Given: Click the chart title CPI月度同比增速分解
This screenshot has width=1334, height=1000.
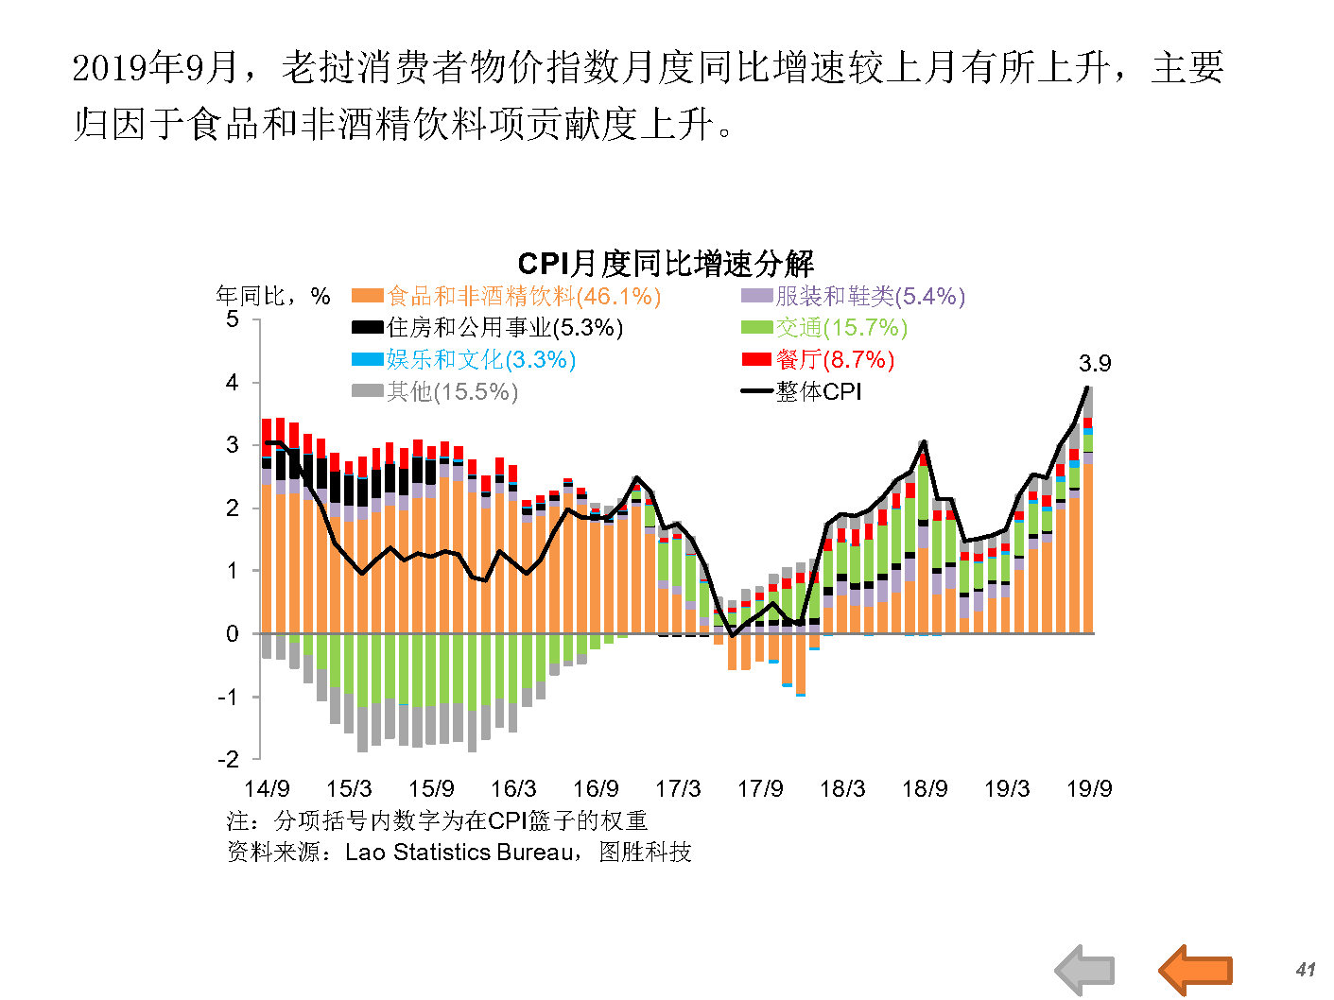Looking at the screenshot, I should (666, 264).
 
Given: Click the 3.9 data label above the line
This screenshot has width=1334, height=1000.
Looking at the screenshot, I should (1095, 364).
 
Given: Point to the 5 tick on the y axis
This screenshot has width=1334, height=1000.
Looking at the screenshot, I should (233, 319).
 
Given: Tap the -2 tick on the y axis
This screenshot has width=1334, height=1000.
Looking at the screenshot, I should (228, 759).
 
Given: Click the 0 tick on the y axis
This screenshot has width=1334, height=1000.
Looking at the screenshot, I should (233, 634).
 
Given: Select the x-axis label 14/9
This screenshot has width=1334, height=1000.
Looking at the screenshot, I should (267, 788).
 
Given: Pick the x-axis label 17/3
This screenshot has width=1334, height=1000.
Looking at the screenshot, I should (678, 788).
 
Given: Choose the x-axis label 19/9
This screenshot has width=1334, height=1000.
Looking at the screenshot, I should (1089, 788).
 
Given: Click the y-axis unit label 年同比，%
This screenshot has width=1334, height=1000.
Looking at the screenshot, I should (273, 297).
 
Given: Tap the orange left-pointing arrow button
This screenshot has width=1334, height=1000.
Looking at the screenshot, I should (1195, 970).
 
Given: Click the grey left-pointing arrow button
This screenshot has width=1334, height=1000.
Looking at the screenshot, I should (1084, 970).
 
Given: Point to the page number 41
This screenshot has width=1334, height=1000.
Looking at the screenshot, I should (1306, 970).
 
